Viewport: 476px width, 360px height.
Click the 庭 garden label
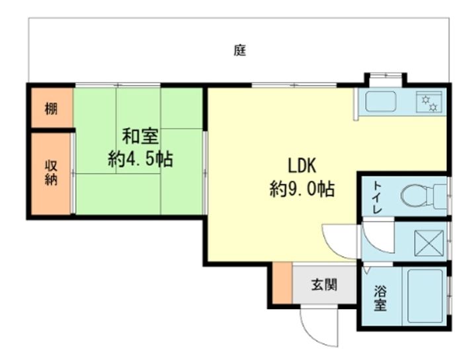coord(240,51)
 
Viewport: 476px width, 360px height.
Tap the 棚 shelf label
coord(51,108)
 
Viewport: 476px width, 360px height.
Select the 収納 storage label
coord(51,172)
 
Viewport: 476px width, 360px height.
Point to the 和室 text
coord(140,137)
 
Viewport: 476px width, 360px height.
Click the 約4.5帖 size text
coord(140,159)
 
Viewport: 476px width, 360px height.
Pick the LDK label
coord(301,166)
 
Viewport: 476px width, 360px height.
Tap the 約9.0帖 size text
coord(302,189)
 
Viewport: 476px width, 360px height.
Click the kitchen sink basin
coord(381,101)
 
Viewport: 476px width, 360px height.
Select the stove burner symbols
coord(429,102)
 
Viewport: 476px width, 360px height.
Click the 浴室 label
coord(380,298)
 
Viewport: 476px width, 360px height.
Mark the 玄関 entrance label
coord(324,285)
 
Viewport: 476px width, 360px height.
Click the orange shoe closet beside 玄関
coord(282,283)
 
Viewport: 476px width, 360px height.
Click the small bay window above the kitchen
coord(385,76)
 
